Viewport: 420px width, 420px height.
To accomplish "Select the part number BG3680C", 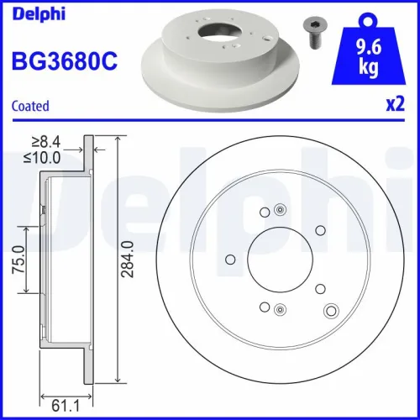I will click(63, 60).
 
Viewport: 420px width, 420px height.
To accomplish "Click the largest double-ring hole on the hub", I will click(330, 312).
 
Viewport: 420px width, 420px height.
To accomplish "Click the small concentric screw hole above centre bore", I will click(280, 212).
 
